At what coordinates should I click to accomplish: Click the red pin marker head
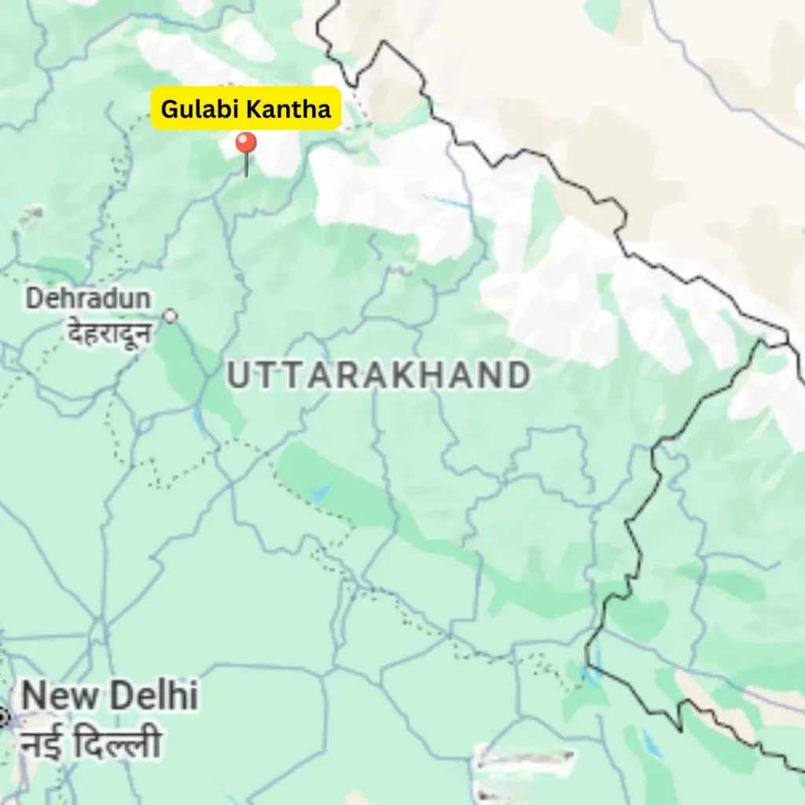(246, 143)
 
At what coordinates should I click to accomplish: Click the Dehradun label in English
(88, 299)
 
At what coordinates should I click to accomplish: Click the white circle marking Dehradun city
(170, 316)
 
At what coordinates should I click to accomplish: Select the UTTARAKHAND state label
(378, 376)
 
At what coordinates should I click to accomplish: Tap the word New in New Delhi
(60, 697)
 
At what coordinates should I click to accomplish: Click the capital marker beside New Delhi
(3, 717)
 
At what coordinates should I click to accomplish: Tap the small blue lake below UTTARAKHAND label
(321, 493)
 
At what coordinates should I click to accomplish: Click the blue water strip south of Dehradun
(200, 421)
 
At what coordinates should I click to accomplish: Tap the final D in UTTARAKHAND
(517, 377)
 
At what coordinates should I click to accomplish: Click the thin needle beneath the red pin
(246, 166)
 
